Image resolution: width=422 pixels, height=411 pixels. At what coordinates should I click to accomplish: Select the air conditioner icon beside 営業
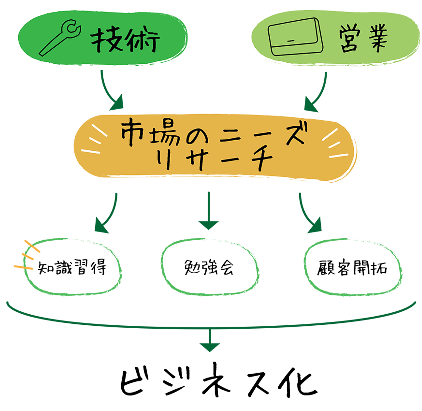295,37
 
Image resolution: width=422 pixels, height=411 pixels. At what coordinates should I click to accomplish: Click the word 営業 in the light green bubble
363,38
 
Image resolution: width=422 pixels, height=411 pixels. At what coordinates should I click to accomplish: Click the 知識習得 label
72,267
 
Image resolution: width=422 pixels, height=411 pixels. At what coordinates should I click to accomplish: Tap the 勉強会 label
209,267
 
